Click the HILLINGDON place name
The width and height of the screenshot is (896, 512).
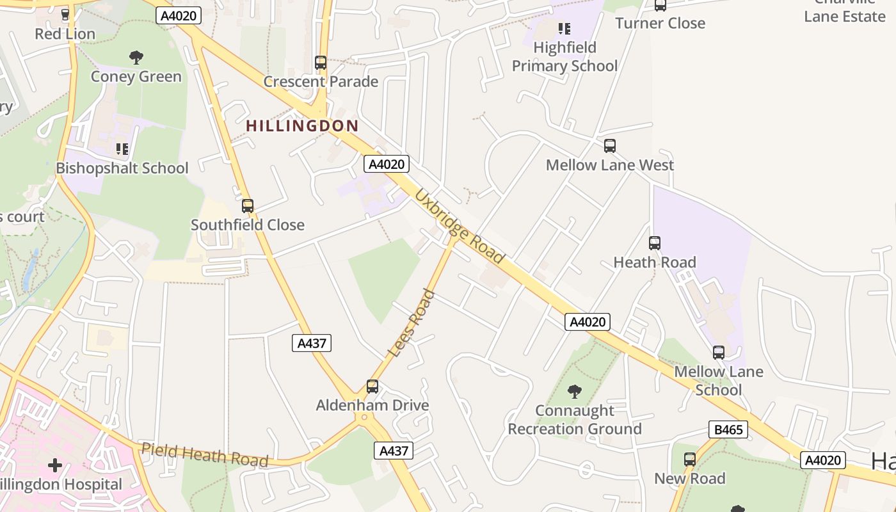point(302,126)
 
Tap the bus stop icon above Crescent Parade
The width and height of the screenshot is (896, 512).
point(321,63)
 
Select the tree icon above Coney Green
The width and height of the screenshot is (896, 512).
point(136,58)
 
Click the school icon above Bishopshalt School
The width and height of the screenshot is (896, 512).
point(122,149)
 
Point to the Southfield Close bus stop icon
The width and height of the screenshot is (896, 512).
point(248,206)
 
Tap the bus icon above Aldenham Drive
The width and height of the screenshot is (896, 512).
point(372,387)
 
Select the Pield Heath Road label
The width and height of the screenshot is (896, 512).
point(204,454)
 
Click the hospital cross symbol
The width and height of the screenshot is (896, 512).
point(55,465)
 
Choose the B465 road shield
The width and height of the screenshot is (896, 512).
point(728,429)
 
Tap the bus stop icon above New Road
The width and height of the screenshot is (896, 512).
point(689,460)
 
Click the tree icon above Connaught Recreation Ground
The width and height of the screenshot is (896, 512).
point(575,391)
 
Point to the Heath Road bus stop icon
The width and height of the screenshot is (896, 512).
point(654,243)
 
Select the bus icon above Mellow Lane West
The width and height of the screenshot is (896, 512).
point(610,146)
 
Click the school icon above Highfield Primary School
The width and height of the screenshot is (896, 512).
point(564,28)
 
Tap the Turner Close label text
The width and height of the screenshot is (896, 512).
point(660,24)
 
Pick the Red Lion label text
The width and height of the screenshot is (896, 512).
point(65,34)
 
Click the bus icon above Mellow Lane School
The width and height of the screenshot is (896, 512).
point(719,353)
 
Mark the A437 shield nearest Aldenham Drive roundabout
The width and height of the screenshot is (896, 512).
point(394,451)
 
